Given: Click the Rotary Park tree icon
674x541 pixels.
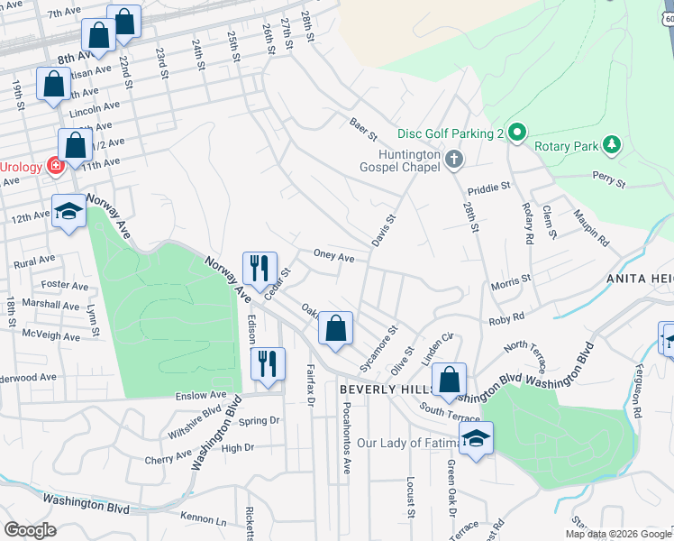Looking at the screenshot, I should pyautogui.click(x=612, y=144).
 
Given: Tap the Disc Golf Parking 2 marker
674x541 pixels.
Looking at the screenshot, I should pyautogui.click(x=516, y=133).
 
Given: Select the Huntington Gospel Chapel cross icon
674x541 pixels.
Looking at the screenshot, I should pyautogui.click(x=454, y=160).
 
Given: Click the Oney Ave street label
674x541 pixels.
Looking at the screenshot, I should pyautogui.click(x=333, y=256).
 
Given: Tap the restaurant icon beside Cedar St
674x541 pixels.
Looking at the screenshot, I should pyautogui.click(x=260, y=269).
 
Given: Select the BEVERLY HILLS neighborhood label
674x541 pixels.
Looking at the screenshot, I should pyautogui.click(x=387, y=389).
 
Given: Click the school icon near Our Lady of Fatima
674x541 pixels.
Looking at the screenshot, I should pyautogui.click(x=474, y=438).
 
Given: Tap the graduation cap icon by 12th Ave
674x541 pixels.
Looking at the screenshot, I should pyautogui.click(x=68, y=211).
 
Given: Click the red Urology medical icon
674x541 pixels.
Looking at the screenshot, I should pyautogui.click(x=55, y=167).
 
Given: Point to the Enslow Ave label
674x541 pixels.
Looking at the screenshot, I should pyautogui.click(x=199, y=395).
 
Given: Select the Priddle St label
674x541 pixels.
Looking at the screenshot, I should pyautogui.click(x=489, y=188).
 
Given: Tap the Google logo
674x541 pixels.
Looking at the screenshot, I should pyautogui.click(x=30, y=530).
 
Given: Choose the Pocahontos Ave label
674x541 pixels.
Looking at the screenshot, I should pyautogui.click(x=346, y=437).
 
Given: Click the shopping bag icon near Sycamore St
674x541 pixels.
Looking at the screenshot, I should pyautogui.click(x=335, y=329).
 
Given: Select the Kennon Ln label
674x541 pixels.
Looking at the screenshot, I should pyautogui.click(x=203, y=520).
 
